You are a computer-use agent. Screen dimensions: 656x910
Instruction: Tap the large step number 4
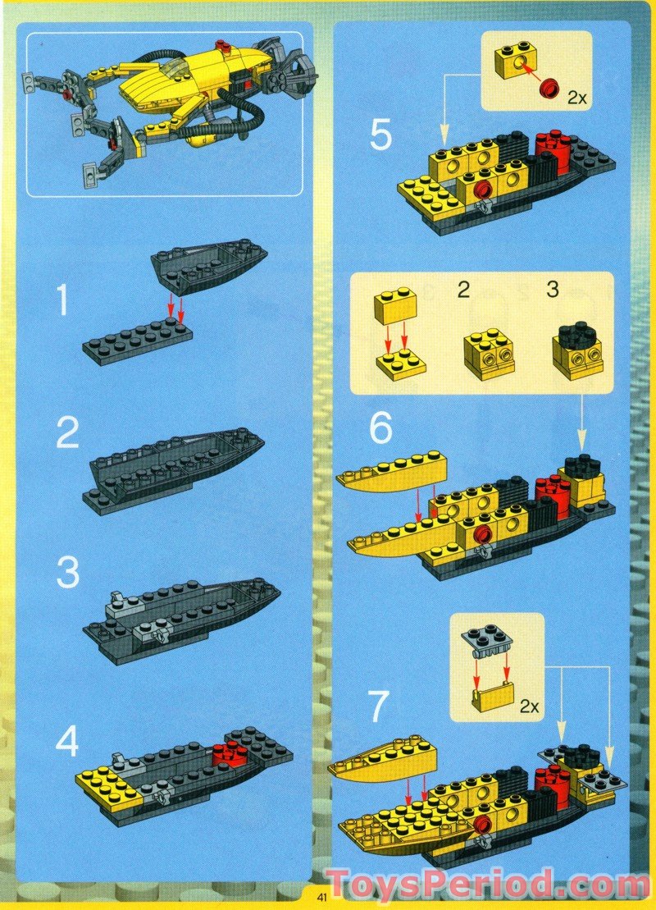coord(67,742)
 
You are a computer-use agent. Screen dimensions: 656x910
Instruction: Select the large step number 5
coord(381,136)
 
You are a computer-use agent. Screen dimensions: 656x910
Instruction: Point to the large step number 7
coord(378,706)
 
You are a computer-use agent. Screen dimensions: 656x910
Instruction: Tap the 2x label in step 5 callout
coord(577,98)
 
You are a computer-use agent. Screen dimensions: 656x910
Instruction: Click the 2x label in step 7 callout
coord(530,707)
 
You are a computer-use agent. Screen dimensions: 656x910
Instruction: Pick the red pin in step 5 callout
coord(548,89)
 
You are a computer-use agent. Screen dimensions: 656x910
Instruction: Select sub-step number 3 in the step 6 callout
coord(552,289)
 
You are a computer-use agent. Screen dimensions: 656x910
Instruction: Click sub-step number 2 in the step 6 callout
coord(462,289)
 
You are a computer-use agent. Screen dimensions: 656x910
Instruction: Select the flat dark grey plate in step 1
coord(137,341)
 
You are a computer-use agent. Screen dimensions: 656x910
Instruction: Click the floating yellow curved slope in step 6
coord(394,472)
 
